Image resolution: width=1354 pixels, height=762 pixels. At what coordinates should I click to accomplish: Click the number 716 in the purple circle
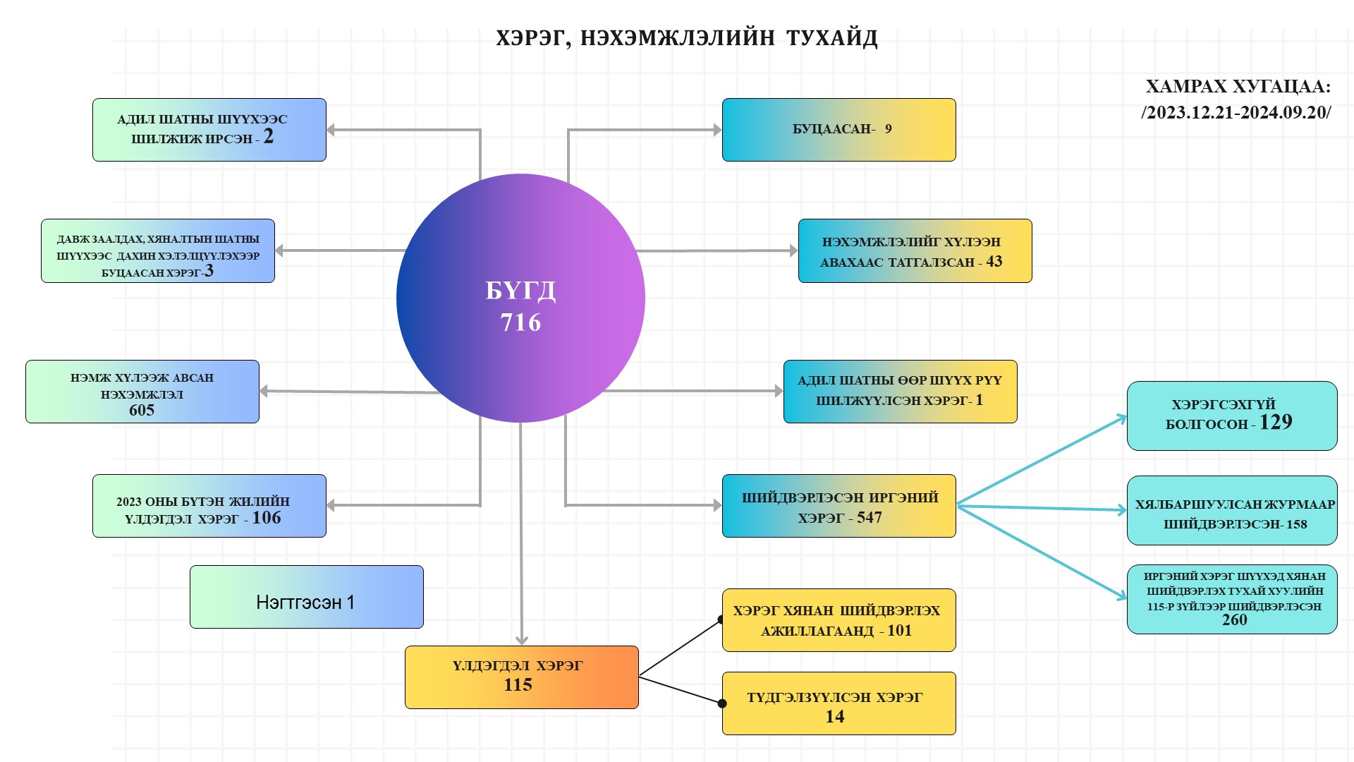pos(520,322)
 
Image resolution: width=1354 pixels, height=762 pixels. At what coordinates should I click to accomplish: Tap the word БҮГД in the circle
pos(520,291)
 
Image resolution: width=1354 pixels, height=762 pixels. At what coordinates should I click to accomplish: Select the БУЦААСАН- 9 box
pos(838,130)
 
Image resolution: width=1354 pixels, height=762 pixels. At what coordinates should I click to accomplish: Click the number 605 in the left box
pos(142,411)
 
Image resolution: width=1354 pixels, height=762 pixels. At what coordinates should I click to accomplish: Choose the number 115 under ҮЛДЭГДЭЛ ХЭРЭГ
pos(518,685)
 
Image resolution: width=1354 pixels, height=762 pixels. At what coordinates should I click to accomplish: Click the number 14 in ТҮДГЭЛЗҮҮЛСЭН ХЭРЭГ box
pos(835,717)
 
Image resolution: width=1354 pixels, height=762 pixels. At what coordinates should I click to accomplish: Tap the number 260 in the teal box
pos(1234,620)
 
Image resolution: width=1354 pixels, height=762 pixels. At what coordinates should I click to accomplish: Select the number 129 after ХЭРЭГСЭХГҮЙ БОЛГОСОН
pos(1276,422)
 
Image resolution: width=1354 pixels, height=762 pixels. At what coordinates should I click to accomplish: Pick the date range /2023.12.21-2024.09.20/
pos(1236,113)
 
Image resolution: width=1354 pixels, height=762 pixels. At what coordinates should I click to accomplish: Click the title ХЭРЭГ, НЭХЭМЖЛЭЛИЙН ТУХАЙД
pos(686,38)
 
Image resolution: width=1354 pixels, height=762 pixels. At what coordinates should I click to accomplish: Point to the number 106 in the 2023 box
pos(267,518)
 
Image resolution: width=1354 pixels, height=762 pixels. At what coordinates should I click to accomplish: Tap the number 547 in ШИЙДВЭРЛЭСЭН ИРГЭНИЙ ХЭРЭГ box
pos(870,518)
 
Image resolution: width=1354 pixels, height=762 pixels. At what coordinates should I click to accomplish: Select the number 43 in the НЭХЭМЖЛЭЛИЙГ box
pos(994,262)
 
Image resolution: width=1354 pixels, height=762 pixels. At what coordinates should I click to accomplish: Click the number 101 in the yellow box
pos(899,631)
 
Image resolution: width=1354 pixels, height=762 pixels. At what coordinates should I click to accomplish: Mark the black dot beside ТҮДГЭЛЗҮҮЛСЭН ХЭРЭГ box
pos(722,703)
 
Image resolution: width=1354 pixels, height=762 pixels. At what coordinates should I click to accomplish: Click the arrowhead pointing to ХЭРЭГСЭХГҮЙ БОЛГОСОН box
pos(1122,418)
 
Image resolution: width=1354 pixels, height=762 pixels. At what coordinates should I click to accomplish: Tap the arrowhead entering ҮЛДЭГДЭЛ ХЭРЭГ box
pos(522,640)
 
